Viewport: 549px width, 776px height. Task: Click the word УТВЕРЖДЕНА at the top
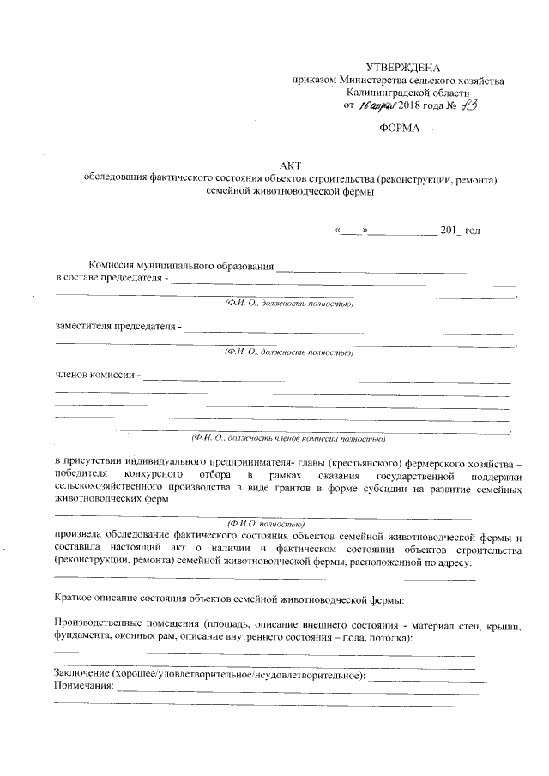point(402,67)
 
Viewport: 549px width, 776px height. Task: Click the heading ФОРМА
point(401,129)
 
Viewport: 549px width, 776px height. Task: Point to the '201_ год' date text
point(460,231)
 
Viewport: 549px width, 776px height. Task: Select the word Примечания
point(83,688)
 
